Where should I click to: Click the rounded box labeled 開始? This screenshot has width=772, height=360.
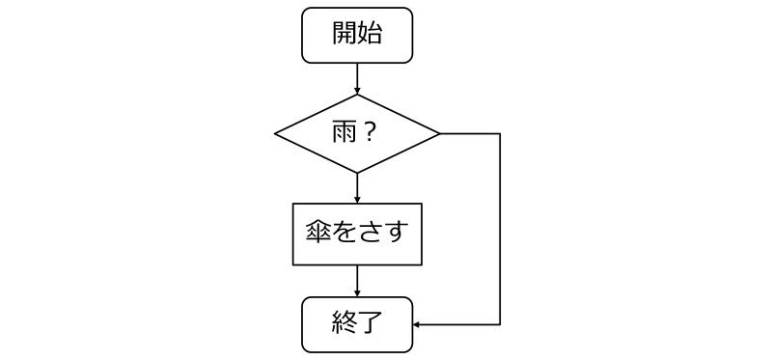click(x=357, y=35)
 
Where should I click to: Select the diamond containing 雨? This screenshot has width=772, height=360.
click(x=357, y=133)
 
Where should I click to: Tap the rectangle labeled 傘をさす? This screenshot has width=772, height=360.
click(x=357, y=234)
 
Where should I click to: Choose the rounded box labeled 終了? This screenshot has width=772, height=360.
click(x=357, y=325)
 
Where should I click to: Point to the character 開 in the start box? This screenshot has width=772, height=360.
click(x=344, y=35)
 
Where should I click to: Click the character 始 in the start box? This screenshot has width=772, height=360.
click(x=371, y=35)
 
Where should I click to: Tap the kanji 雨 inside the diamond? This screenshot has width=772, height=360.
click(x=345, y=133)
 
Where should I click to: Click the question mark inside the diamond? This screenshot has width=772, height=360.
click(x=370, y=133)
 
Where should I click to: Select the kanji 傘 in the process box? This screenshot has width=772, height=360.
click(x=317, y=234)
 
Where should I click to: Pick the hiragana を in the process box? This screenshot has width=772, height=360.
click(x=344, y=234)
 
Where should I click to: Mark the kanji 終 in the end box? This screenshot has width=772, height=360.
click(x=344, y=325)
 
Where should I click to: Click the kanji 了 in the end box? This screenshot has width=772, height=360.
click(x=371, y=325)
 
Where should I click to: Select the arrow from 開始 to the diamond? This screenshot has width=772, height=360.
click(x=357, y=78)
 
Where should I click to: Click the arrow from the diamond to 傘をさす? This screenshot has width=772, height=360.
click(x=357, y=187)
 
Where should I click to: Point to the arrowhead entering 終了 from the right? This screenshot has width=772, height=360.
click(x=417, y=325)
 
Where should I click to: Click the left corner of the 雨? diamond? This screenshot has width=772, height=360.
click(x=277, y=133)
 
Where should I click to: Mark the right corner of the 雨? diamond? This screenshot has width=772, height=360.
click(x=439, y=133)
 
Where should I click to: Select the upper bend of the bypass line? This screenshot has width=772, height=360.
click(x=500, y=133)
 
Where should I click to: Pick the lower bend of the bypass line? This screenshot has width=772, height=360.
click(x=500, y=325)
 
